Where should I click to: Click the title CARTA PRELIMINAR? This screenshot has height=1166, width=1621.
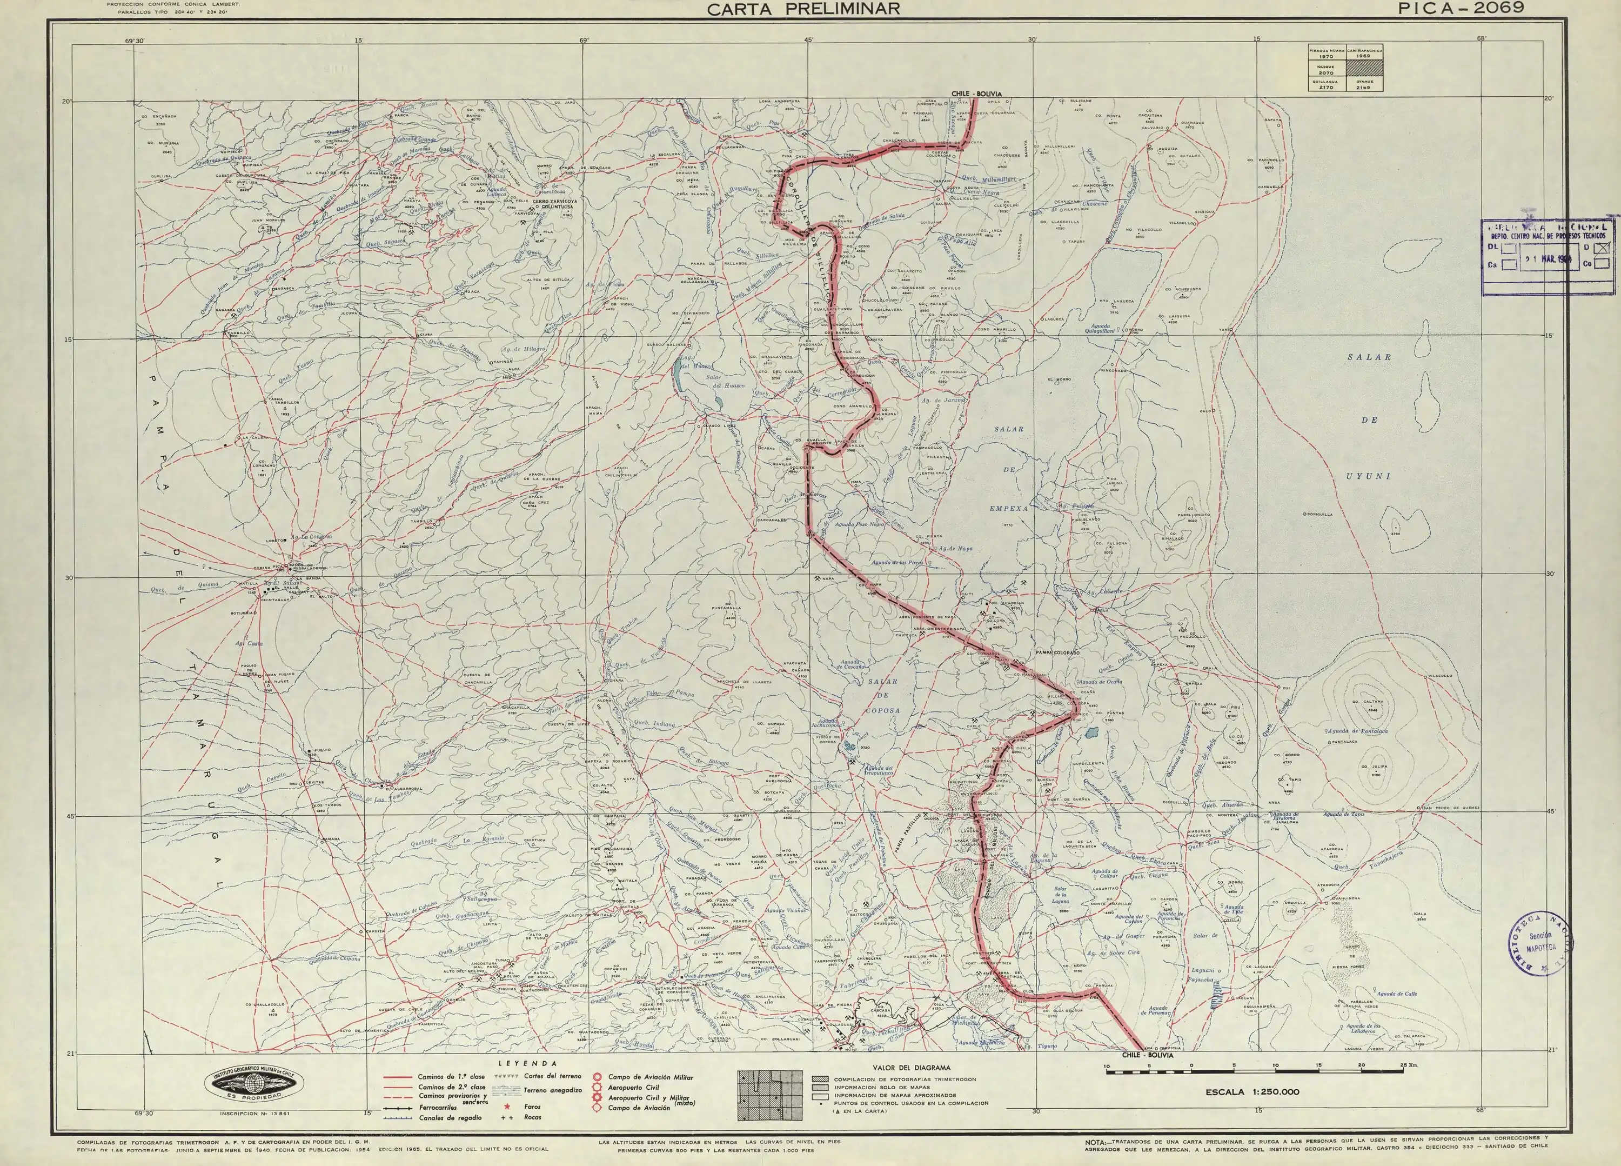point(803,9)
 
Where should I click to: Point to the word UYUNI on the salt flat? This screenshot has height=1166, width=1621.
point(1369,476)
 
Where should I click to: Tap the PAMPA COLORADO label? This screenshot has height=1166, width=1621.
point(1058,652)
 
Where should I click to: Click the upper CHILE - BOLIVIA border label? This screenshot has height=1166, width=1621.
point(976,94)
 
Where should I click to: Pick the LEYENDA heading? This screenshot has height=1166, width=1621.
point(527,1063)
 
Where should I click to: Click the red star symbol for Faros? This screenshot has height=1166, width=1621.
point(507,1107)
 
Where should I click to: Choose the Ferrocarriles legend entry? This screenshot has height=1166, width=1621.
point(438,1108)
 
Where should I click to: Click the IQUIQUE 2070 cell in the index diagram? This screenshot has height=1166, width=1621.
point(1326,69)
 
